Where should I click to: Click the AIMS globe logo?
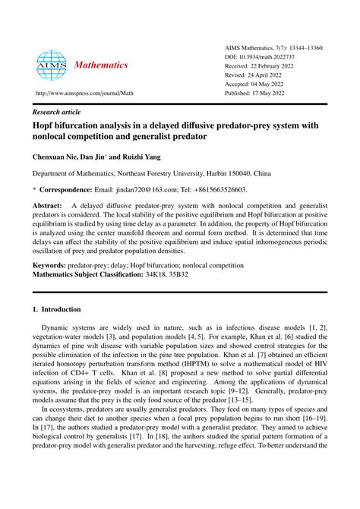pos(52,66)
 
